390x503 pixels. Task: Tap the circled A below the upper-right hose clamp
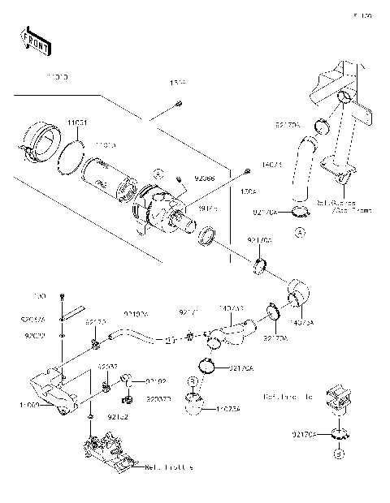299,232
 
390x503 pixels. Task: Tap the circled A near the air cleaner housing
160,173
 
